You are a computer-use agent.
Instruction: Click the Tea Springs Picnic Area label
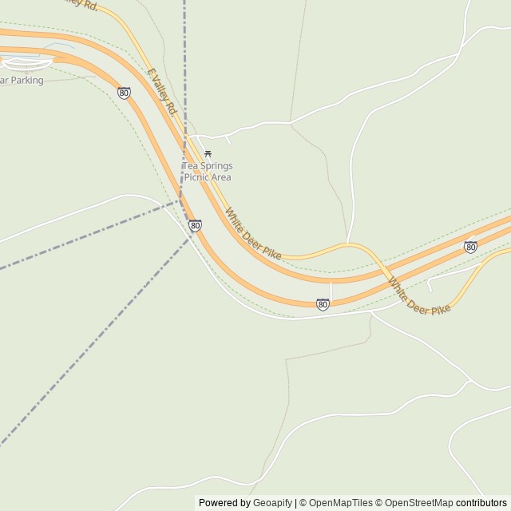(208, 172)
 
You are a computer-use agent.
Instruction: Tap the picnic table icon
(208, 153)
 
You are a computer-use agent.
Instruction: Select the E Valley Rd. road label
(161, 91)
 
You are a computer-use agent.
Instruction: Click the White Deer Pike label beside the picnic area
(253, 234)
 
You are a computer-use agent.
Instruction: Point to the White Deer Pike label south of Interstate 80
(419, 296)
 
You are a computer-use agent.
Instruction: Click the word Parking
(26, 81)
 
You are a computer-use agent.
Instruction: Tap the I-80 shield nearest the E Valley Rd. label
(124, 93)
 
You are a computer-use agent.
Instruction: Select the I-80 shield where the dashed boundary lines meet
(195, 226)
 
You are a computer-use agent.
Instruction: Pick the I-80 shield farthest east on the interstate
(470, 248)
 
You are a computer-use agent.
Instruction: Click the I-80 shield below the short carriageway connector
(323, 304)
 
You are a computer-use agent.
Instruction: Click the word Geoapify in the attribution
(273, 503)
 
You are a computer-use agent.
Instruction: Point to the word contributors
(481, 503)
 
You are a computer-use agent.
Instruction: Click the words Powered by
(224, 503)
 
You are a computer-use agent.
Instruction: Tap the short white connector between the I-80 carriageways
(331, 291)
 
